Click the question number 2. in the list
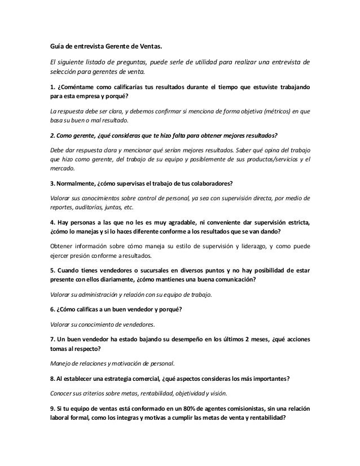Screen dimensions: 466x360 tap(53, 136)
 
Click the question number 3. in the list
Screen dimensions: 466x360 tap(53, 185)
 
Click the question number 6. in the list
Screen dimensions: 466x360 tap(53, 309)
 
